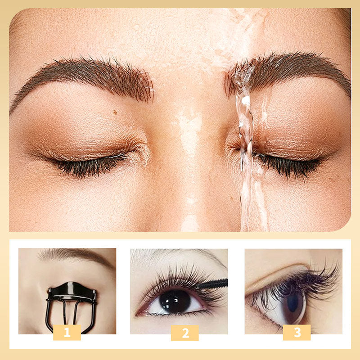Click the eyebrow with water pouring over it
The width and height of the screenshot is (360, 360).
[288, 72]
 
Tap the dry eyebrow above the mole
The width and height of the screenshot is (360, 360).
[85, 74]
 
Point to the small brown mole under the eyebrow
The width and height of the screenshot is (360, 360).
[115, 112]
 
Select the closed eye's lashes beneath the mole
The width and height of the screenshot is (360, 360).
[90, 164]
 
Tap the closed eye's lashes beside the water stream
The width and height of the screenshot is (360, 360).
[288, 164]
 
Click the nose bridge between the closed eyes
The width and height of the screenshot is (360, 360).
[189, 135]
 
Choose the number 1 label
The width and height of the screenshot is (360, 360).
[67, 333]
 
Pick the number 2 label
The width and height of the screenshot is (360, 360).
[184, 333]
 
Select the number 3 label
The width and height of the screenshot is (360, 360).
[297, 333]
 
